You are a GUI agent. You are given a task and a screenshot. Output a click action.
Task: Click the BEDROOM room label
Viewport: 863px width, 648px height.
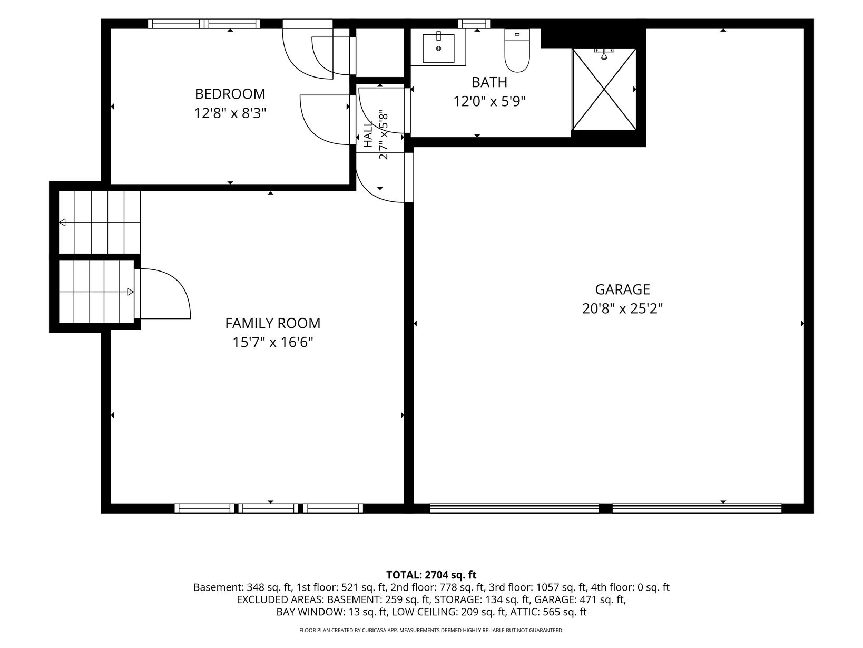click(x=230, y=94)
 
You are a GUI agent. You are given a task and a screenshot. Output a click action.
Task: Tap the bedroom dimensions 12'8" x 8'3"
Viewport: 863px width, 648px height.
click(x=230, y=114)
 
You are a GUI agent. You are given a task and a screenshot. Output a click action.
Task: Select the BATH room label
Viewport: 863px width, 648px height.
click(x=489, y=82)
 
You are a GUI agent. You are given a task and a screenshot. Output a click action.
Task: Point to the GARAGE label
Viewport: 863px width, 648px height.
click(x=622, y=289)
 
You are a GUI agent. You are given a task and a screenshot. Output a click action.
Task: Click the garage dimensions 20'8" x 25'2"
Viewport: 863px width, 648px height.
click(x=622, y=309)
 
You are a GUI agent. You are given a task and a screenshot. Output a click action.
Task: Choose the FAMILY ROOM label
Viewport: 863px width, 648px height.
click(x=273, y=323)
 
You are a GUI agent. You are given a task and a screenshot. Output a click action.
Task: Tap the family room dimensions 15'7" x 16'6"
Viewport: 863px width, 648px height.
click(x=273, y=343)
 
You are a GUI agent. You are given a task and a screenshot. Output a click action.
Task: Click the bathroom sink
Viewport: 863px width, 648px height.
click(x=438, y=48)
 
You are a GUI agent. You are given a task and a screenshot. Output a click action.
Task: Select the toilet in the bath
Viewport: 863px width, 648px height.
click(x=517, y=51)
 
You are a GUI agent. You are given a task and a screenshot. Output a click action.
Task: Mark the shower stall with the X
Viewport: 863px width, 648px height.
click(x=604, y=89)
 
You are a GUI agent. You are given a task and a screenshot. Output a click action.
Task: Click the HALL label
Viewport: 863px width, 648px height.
click(x=368, y=134)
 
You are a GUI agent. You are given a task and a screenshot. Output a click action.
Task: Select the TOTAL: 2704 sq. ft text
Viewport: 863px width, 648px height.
click(x=431, y=575)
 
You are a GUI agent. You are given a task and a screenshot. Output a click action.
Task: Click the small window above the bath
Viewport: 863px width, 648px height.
click(x=476, y=24)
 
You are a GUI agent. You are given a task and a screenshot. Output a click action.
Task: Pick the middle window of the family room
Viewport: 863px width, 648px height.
click(x=269, y=508)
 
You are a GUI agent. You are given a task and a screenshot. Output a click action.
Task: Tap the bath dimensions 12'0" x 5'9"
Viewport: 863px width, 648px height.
click(x=489, y=102)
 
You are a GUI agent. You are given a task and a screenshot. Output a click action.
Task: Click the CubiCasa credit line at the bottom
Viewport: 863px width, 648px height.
click(x=431, y=630)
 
